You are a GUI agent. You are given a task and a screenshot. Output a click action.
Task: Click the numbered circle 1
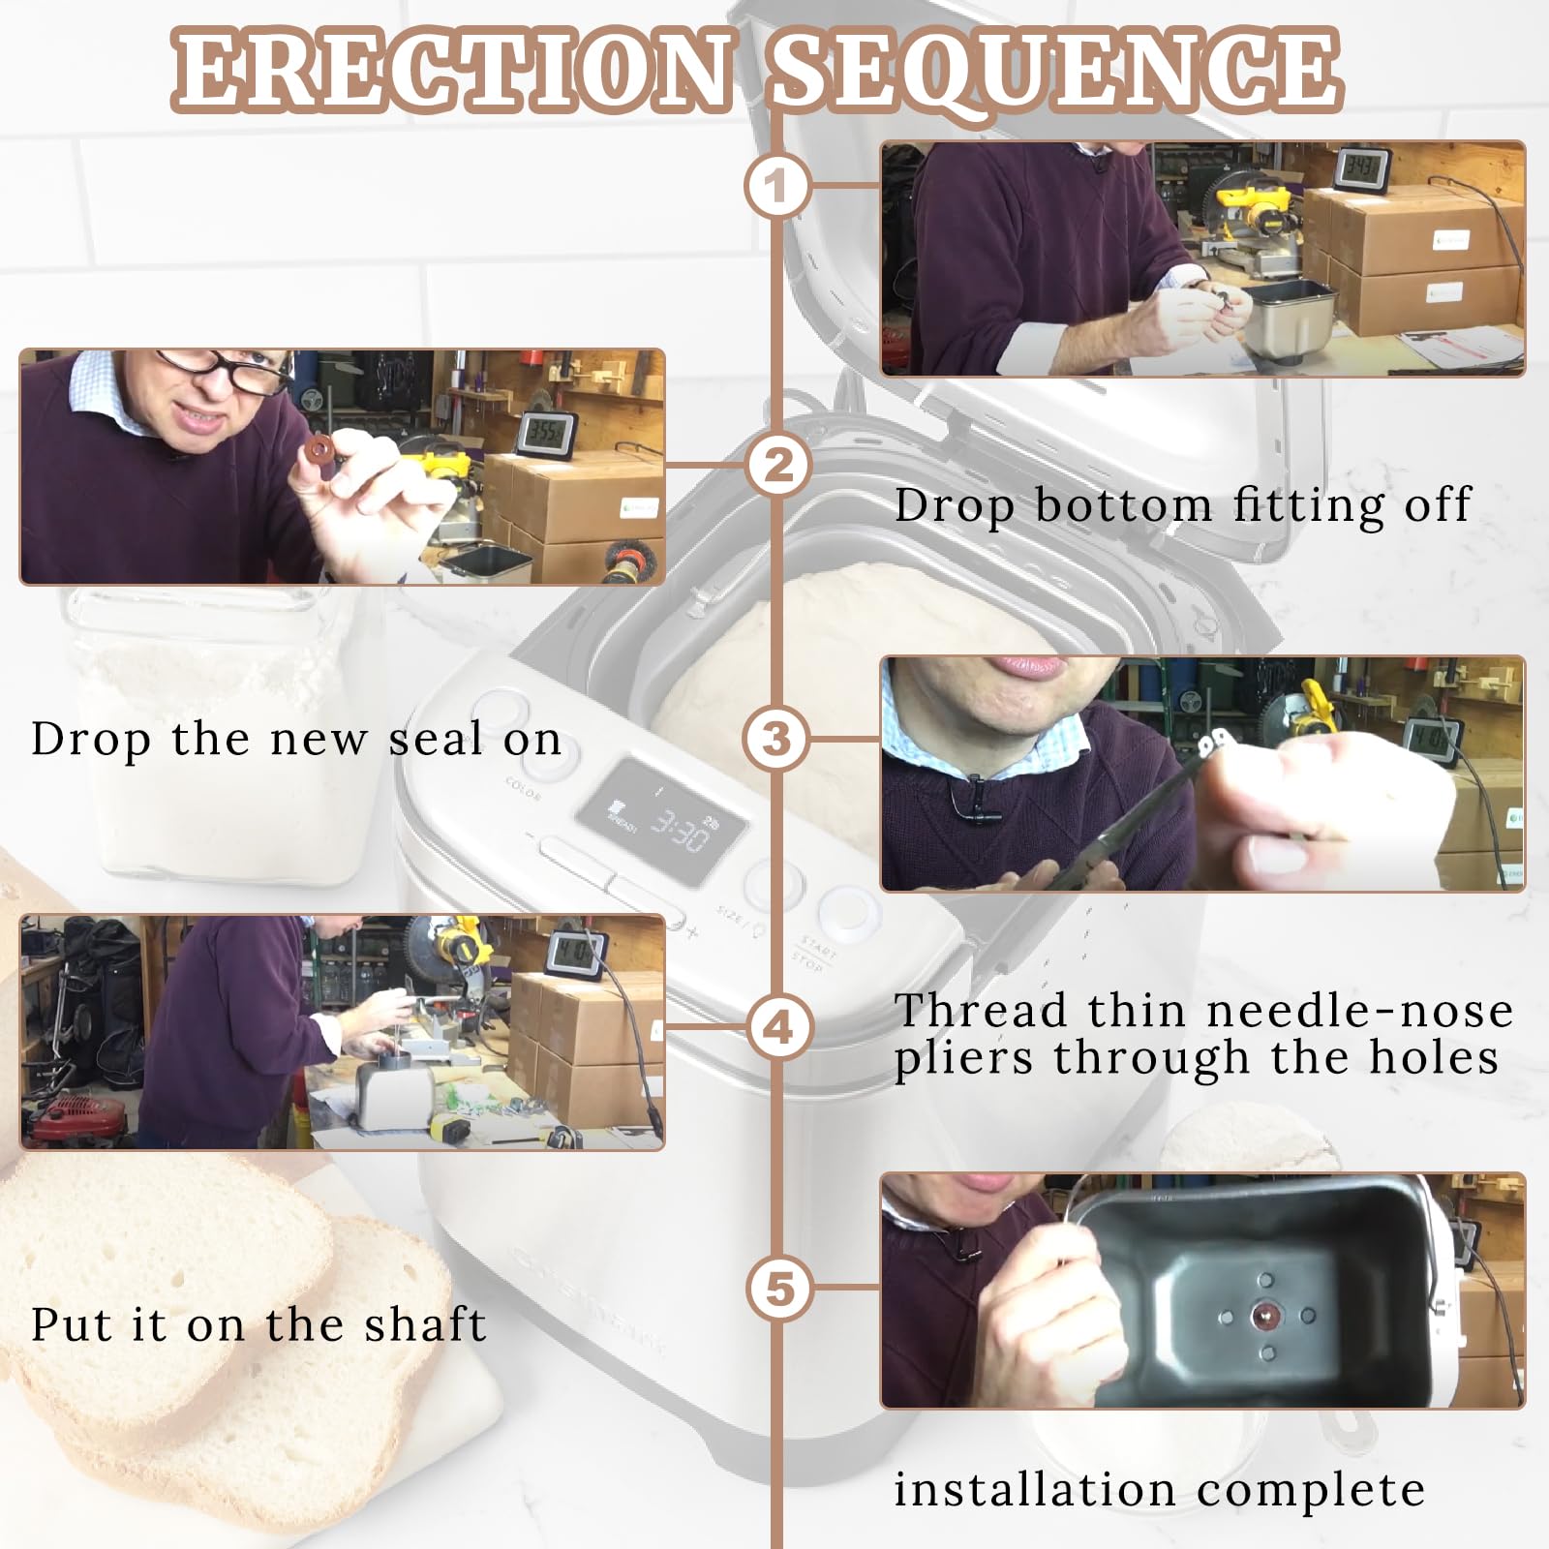pyautogui.click(x=777, y=185)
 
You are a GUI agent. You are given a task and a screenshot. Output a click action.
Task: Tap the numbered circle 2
pyautogui.click(x=777, y=465)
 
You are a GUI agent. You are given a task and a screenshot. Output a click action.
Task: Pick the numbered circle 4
pyautogui.click(x=779, y=1026)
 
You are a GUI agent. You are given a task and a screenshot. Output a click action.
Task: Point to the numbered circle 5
pyautogui.click(x=779, y=1289)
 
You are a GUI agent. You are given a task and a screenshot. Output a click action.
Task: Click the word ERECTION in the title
pyautogui.click(x=453, y=70)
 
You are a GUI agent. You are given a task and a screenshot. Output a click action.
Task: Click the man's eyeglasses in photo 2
pyautogui.click(x=225, y=371)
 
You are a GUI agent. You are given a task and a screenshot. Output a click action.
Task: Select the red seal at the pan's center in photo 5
pyautogui.click(x=1265, y=1316)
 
